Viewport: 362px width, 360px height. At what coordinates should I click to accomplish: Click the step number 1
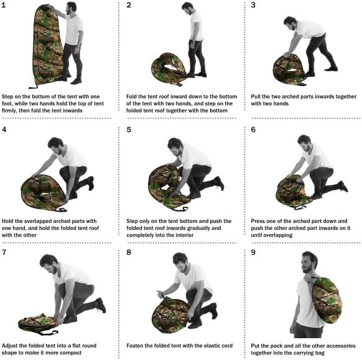click(6, 6)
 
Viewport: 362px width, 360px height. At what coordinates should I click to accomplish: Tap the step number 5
click(129, 130)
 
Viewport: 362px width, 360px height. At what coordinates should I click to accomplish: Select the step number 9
click(253, 253)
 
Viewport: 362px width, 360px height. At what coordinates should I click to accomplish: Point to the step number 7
click(6, 253)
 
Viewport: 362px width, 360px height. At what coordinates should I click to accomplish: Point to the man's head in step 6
click(304, 142)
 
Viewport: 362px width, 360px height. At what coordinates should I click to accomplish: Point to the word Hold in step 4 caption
click(10, 220)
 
